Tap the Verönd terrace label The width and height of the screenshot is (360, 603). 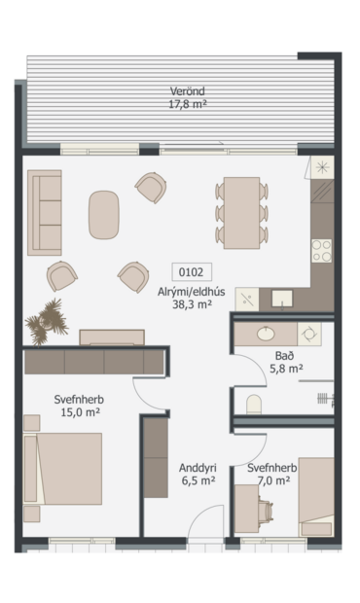188,92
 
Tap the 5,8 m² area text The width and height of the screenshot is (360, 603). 285,370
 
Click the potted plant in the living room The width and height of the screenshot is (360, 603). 44,321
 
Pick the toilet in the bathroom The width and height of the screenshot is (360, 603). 255,404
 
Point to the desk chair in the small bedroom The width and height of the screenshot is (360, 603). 269,508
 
